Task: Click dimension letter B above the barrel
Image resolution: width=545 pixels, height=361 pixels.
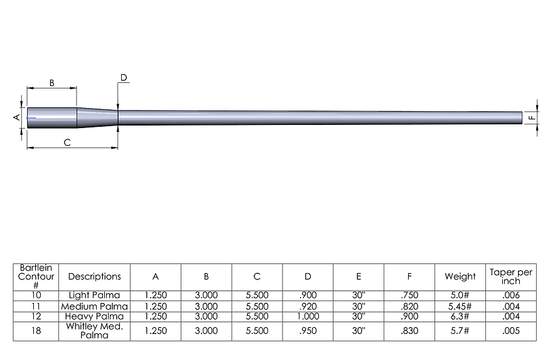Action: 52,83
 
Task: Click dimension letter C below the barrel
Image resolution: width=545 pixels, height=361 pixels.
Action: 67,143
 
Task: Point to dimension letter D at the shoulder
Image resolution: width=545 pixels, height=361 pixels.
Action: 124,78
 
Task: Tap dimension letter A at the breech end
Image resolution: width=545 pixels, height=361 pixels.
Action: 18,117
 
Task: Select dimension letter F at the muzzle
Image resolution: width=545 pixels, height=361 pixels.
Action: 531,117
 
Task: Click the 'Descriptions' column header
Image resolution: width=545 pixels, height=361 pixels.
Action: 94,276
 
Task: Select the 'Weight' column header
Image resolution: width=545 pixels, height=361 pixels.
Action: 460,276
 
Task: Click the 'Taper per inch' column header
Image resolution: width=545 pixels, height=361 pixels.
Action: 511,276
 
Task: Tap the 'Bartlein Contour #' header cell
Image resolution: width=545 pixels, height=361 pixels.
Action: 36,276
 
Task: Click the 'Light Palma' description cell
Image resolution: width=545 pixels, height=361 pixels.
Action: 94,294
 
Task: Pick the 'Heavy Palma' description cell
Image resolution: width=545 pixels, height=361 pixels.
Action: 94,316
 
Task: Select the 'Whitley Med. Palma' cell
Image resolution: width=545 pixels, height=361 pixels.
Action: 94,331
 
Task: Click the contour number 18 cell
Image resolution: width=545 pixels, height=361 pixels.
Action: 36,331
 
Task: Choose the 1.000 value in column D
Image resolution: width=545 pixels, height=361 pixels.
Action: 308,316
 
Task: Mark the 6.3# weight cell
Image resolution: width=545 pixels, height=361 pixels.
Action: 460,316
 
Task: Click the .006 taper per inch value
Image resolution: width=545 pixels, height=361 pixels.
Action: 511,294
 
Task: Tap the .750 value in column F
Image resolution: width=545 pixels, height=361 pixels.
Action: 409,294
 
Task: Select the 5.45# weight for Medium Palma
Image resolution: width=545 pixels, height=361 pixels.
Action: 460,306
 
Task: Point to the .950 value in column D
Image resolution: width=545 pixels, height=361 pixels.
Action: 308,331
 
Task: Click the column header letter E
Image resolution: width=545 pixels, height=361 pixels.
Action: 359,276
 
